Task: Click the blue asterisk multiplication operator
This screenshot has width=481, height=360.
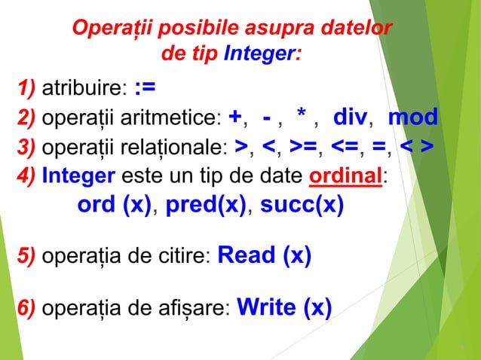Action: point(302,117)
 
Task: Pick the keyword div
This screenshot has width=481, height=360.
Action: point(350,117)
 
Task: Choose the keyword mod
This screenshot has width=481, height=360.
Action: point(412,117)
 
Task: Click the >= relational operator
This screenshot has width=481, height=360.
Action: point(306,146)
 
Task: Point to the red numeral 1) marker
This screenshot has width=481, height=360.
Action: point(27,90)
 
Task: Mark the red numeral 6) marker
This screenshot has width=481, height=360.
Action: point(27,310)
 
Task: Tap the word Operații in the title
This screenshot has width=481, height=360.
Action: point(111,29)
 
